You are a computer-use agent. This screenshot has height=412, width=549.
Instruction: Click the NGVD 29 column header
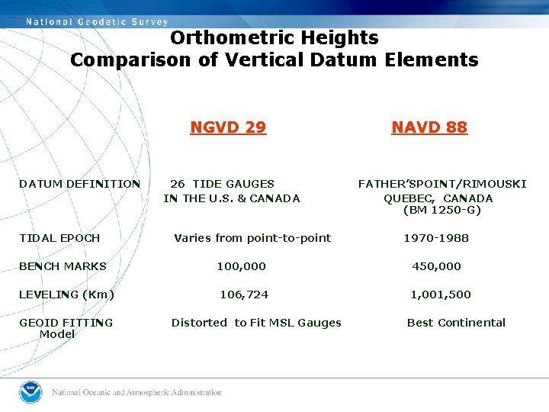click(x=228, y=127)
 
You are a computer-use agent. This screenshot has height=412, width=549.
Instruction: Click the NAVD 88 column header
click(x=429, y=127)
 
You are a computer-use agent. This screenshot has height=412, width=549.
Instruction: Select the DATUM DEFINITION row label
click(x=80, y=184)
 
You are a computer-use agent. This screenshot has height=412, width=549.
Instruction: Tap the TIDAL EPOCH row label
click(x=59, y=238)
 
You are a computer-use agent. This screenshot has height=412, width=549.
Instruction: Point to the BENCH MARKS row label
click(x=63, y=266)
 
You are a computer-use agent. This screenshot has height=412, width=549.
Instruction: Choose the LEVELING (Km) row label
click(x=67, y=295)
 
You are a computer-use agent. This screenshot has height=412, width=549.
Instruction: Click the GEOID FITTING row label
click(x=66, y=323)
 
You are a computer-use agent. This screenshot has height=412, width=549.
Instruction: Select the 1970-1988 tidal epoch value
click(x=436, y=238)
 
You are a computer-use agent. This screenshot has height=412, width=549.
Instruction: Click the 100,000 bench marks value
click(x=242, y=266)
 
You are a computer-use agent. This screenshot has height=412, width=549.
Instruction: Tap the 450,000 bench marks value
click(x=436, y=266)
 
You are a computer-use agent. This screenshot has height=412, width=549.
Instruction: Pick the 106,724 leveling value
click(x=244, y=295)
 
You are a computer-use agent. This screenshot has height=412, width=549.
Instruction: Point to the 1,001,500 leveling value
click(x=441, y=295)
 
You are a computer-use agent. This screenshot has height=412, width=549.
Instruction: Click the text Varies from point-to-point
click(x=252, y=238)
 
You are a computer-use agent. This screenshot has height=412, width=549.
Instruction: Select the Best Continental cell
click(x=456, y=323)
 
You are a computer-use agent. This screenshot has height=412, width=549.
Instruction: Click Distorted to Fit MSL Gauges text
click(x=256, y=323)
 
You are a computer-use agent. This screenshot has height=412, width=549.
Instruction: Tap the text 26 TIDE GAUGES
click(x=222, y=184)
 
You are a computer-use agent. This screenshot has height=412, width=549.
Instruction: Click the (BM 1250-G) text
click(x=442, y=210)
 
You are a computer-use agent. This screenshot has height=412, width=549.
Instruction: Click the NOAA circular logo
click(x=30, y=392)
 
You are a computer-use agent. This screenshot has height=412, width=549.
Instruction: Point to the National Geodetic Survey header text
click(x=96, y=21)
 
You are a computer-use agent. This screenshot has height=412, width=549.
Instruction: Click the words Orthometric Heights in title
click(x=274, y=37)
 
